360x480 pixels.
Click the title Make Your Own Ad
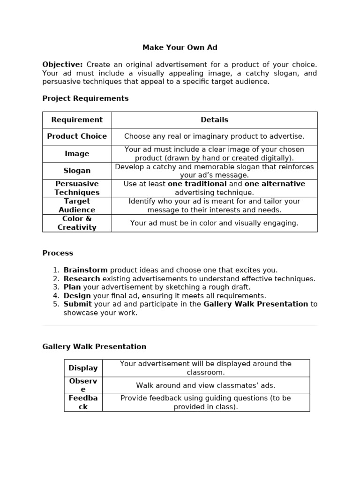180,48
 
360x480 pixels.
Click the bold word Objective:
62,65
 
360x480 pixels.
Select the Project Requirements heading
85,98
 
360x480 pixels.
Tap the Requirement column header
77,120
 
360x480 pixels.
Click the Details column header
214,120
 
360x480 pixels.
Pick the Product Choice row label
77,136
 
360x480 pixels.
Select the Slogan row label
77,171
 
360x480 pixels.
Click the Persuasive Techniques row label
77,188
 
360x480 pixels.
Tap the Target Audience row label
77,206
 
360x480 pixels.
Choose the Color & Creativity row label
77,223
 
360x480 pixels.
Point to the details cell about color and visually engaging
214,223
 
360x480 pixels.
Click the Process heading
58,253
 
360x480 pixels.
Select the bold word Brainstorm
85,270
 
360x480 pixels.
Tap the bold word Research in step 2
82,279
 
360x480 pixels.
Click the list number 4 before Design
56,296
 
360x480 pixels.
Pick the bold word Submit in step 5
77,304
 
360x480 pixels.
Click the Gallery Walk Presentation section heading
94,347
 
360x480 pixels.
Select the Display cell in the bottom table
83,368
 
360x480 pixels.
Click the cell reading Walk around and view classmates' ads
206,385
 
